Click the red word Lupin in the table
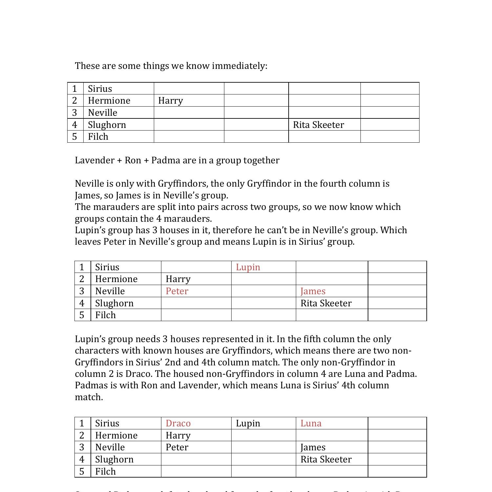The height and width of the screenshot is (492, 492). (248, 267)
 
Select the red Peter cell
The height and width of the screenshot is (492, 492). (177, 291)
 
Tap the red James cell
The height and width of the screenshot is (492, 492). (313, 291)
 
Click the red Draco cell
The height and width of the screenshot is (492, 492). (178, 423)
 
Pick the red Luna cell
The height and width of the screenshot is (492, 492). (311, 423)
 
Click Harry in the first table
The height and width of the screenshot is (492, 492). (171, 100)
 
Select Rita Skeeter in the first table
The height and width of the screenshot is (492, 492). (318, 125)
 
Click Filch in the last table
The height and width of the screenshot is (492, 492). (105, 471)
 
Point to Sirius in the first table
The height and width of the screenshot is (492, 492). (100, 89)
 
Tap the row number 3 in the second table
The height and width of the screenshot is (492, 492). (82, 291)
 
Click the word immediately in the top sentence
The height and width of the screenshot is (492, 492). (239, 66)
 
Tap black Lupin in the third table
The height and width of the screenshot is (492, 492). (248, 423)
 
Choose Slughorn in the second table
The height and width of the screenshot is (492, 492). (114, 303)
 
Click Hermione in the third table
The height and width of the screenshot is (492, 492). (116, 435)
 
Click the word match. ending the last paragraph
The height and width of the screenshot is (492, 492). (89, 397)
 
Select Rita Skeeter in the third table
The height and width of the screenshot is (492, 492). (326, 459)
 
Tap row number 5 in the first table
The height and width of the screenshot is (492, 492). (75, 136)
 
